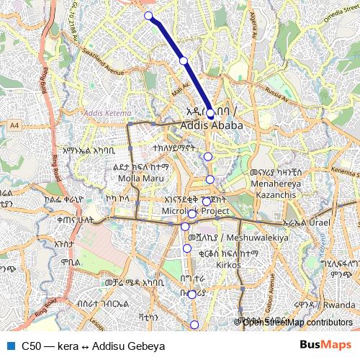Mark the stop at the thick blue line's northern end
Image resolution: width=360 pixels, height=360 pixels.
[148, 16]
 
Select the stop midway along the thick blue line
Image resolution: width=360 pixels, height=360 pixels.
[184, 60]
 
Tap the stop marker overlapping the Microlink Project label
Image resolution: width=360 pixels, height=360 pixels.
[192, 213]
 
